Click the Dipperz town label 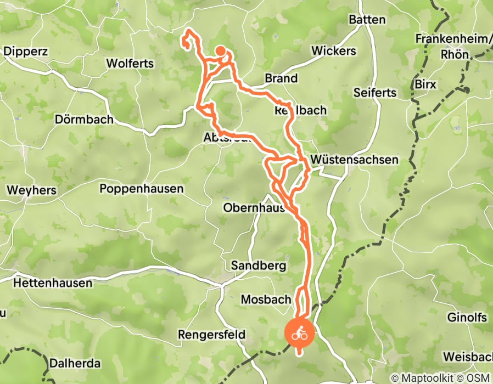click(26, 52)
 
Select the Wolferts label click(130, 63)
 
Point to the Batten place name click(367, 19)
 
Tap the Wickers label click(333, 51)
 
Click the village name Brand click(281, 78)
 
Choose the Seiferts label click(375, 93)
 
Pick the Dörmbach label click(85, 119)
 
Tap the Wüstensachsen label click(354, 160)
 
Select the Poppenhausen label click(141, 189)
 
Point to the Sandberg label click(259, 266)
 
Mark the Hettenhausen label click(53, 283)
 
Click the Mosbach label click(266, 300)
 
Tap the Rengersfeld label click(211, 334)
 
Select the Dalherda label click(75, 363)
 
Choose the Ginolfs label click(467, 318)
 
